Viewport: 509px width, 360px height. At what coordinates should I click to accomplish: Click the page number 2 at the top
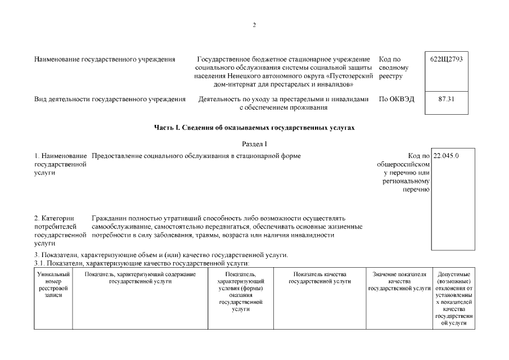(x=254, y=25)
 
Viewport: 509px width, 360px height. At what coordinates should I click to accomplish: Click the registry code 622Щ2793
(x=446, y=60)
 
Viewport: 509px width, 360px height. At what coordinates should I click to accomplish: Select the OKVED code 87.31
(x=446, y=99)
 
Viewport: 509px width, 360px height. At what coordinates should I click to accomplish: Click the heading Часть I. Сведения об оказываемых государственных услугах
(x=254, y=128)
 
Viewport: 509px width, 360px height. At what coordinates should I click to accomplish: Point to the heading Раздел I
(x=254, y=144)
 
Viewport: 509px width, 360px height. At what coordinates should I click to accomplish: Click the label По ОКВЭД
(x=397, y=99)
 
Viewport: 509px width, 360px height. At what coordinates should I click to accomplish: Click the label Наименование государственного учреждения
(x=105, y=60)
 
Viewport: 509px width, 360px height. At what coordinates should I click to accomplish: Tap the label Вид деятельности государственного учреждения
(x=110, y=99)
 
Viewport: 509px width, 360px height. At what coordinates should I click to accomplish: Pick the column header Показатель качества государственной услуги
(x=319, y=277)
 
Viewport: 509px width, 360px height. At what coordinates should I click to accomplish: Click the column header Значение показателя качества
(x=399, y=281)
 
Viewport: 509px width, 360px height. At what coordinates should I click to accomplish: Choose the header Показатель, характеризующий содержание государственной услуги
(x=140, y=277)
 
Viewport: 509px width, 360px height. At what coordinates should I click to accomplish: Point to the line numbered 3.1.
(x=141, y=263)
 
